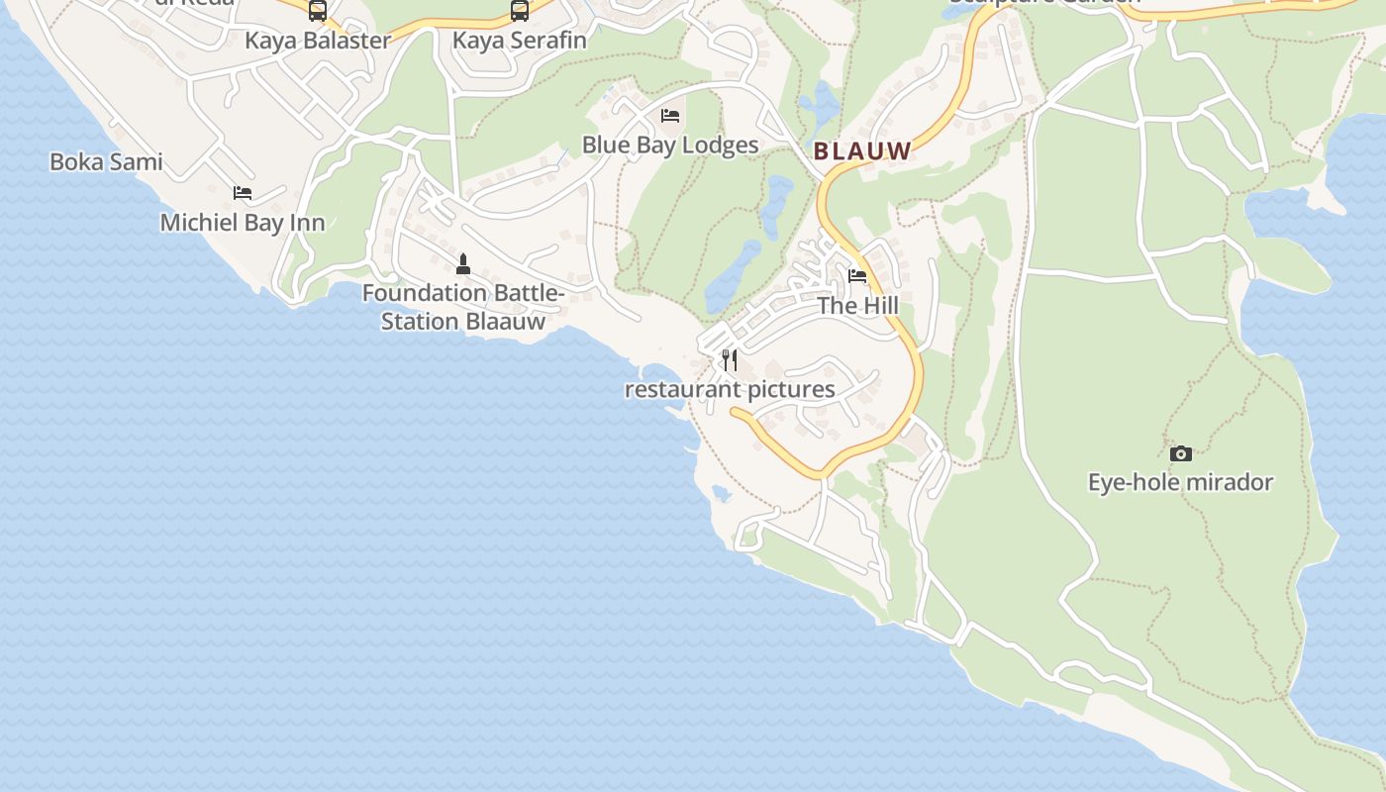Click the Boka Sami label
point(106,161)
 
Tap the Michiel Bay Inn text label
point(243,223)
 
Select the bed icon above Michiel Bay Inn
point(243,192)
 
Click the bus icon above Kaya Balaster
point(318,11)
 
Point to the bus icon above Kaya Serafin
point(520,11)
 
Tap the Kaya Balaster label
point(318,41)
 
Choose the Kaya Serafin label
point(520,41)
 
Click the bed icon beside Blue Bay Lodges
point(670,116)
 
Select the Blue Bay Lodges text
point(670,146)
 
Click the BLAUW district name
point(862,151)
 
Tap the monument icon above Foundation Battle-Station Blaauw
point(462,263)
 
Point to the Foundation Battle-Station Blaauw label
point(462,307)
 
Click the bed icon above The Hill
point(857,276)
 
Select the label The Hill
point(857,306)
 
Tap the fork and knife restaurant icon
point(730,359)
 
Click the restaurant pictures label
point(730,389)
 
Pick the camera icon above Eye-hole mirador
point(1180,453)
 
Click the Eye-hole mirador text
point(1180,483)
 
